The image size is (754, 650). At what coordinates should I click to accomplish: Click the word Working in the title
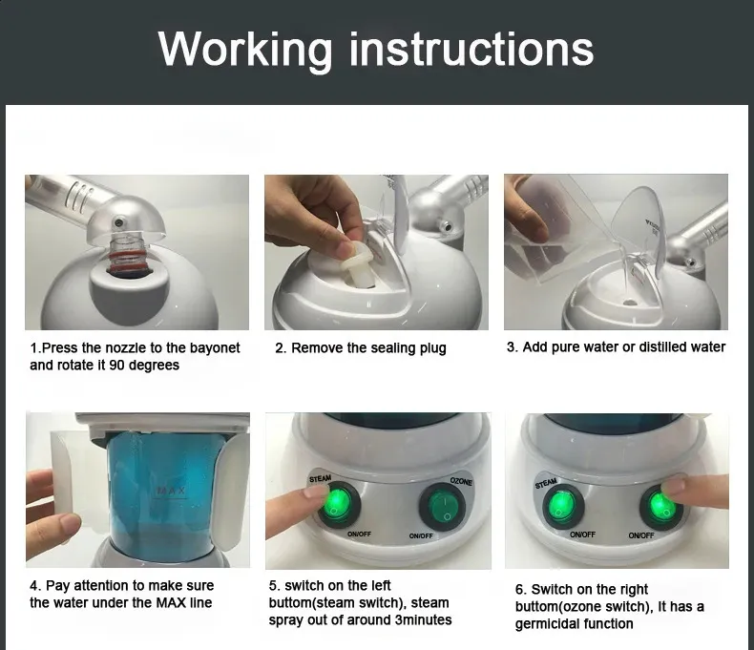pos(245,51)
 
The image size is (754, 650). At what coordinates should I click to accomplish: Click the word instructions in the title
pos(471,49)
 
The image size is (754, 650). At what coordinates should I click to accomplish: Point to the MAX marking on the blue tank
pos(171,491)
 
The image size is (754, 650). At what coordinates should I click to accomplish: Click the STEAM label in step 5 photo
pos(321,479)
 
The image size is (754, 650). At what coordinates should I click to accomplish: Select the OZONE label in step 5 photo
pos(461,481)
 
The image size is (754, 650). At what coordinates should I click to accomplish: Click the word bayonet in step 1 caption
pos(215,347)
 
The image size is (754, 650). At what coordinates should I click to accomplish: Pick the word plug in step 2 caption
pos(432,348)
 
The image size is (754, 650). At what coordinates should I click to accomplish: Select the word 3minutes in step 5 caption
pos(423,619)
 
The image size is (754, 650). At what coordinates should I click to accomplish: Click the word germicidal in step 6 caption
pos(545,624)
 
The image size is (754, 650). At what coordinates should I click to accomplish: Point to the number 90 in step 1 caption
pos(116,365)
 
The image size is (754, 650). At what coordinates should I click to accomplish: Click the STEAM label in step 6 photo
pos(546,483)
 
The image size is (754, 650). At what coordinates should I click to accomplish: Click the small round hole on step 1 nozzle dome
pos(117,222)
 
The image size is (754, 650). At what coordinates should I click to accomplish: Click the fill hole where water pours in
pos(630,304)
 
